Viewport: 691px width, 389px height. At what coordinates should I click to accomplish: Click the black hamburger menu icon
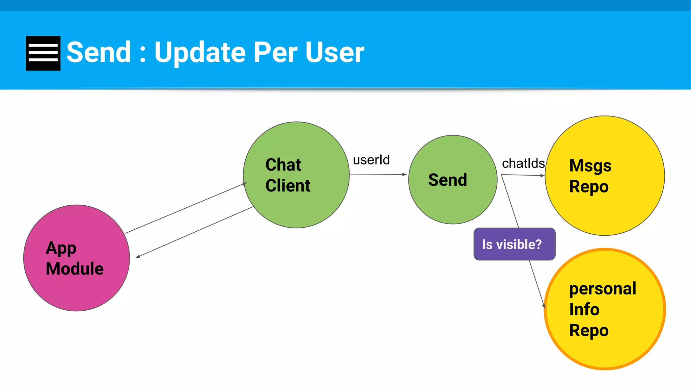43,53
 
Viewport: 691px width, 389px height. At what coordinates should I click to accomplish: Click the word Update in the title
200,52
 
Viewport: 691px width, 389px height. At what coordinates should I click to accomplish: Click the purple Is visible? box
514,244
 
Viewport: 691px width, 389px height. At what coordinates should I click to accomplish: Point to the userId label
371,160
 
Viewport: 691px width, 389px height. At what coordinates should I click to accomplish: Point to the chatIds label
523,163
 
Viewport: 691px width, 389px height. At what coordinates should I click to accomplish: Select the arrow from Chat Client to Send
378,175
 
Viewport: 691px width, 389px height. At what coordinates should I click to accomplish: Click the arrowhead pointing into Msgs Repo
543,176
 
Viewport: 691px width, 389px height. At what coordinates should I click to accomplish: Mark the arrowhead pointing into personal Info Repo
544,306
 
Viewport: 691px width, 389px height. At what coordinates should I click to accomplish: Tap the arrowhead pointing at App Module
138,257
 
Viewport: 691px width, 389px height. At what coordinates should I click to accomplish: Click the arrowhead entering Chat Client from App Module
244,184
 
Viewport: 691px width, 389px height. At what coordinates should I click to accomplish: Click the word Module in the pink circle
75,269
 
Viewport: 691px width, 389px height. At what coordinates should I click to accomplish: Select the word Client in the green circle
288,186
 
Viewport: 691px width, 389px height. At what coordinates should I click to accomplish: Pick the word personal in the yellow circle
603,289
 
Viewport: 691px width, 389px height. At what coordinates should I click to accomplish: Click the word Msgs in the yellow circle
590,166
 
